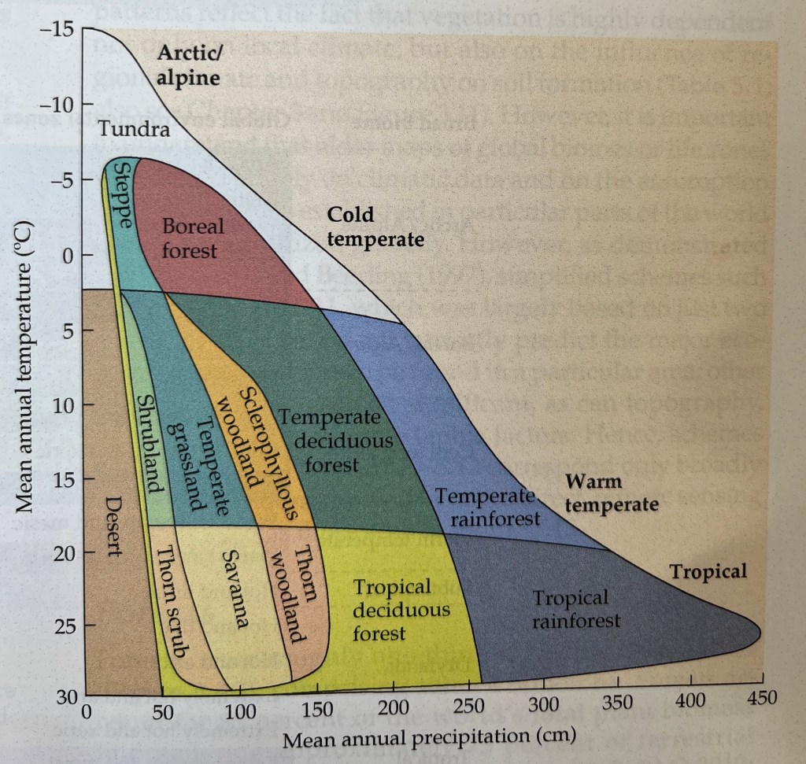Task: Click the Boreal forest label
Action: click(193, 238)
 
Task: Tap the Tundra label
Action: click(133, 129)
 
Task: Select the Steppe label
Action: click(122, 197)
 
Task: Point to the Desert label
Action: click(115, 526)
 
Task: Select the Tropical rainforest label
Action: click(575, 609)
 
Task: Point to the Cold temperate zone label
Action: click(375, 227)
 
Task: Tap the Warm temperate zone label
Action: click(611, 493)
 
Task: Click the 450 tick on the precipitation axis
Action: click(762, 697)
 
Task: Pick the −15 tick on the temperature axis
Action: click(57, 31)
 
